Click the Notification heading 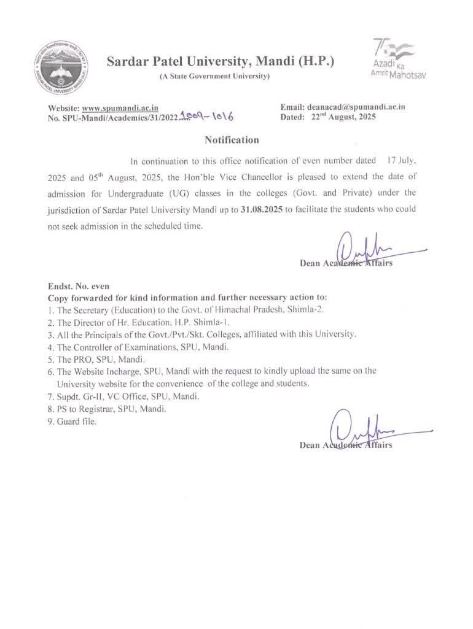click(232, 140)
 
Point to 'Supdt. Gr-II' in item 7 click(80, 396)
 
